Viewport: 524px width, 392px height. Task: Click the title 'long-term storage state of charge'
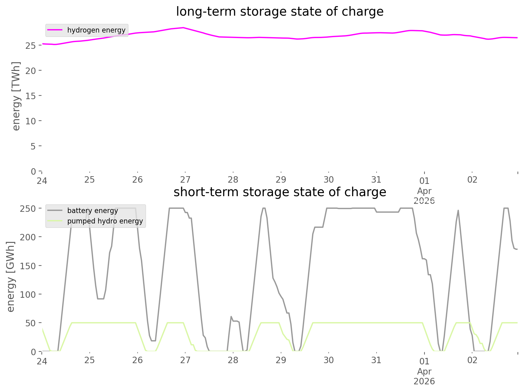coord(280,12)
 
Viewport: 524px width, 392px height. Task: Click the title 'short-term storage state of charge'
coord(280,192)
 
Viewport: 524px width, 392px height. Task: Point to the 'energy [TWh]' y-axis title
coord(16,96)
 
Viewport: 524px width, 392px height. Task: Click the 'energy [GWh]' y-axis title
coord(11,277)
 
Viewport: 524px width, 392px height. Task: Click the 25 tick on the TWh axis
coord(31,46)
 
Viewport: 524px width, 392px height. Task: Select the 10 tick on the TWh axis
coord(31,121)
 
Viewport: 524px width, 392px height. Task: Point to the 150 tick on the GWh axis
coord(28,266)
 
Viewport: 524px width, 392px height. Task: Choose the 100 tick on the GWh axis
coord(28,294)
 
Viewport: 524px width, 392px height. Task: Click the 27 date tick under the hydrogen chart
coord(185,180)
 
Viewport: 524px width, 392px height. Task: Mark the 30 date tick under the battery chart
coord(329,360)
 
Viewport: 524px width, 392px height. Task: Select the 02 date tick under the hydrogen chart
coord(472,180)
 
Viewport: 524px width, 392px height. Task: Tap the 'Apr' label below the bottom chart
coord(424,371)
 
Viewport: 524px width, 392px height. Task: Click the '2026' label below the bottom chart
coord(424,381)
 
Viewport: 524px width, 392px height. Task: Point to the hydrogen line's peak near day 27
coord(183,28)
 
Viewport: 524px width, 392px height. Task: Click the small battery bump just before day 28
coord(231,317)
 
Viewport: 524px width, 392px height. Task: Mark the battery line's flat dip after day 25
coord(100,299)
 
